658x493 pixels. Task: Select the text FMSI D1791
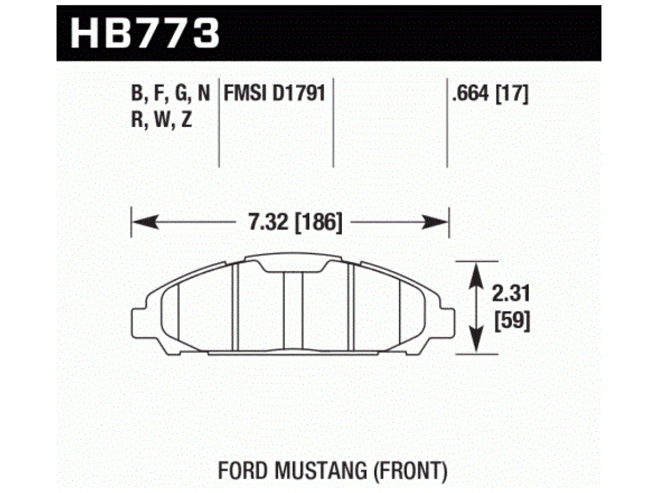(274, 94)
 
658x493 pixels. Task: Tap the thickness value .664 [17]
(489, 94)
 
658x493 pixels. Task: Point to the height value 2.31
(510, 294)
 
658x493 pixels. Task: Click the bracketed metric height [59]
(511, 321)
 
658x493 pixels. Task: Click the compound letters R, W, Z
(161, 120)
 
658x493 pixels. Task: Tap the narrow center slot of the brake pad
(293, 311)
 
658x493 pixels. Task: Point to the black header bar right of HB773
(411, 33)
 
